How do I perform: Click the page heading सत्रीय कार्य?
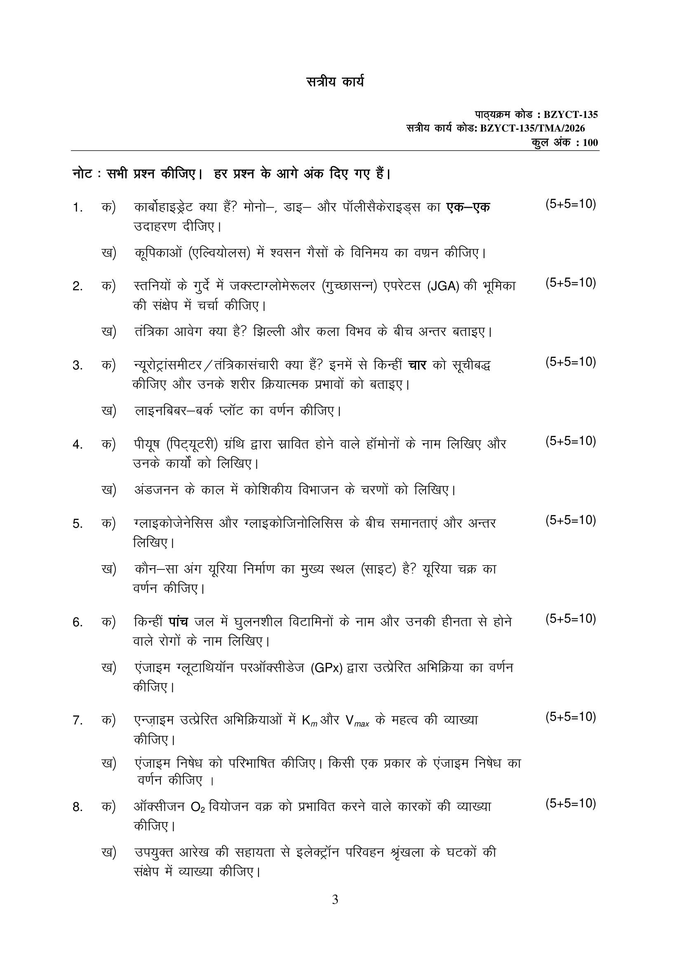[335, 82]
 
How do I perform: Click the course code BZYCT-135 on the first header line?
[571, 115]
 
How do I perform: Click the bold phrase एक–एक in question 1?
[468, 207]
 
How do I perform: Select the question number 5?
[77, 524]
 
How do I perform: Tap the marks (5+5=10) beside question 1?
[571, 204]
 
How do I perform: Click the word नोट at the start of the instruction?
[82, 173]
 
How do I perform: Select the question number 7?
[77, 720]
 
